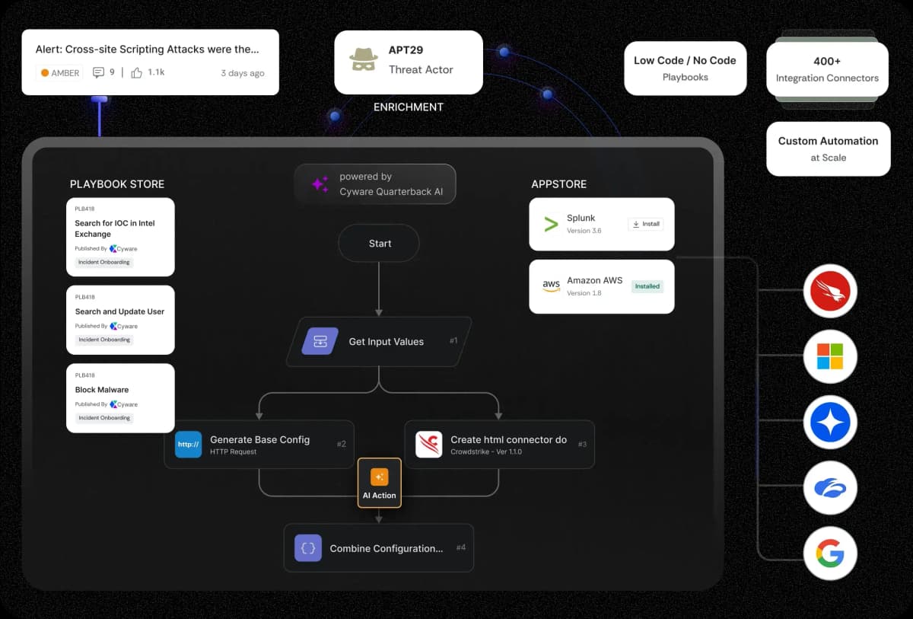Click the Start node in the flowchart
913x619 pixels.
click(x=379, y=244)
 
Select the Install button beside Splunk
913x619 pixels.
click(x=646, y=224)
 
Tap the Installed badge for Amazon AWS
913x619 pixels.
click(x=647, y=286)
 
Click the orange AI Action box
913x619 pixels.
click(x=379, y=483)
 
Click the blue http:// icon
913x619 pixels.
click(x=188, y=444)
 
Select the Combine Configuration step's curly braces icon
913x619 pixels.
click(x=308, y=547)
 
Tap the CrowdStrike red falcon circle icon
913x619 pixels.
click(x=830, y=291)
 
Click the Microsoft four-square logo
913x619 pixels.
click(x=830, y=356)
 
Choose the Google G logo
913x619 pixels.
click(x=830, y=553)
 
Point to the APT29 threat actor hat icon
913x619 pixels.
click(x=364, y=60)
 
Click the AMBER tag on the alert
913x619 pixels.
click(x=60, y=73)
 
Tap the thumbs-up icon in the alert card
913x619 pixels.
click(x=137, y=72)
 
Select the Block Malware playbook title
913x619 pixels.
click(x=102, y=390)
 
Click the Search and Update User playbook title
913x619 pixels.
click(x=119, y=311)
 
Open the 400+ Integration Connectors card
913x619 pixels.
click(x=827, y=69)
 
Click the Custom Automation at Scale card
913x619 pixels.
click(x=828, y=148)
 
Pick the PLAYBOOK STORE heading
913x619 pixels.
click(x=117, y=184)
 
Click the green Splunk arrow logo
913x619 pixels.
click(x=551, y=224)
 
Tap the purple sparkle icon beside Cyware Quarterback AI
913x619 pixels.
click(x=320, y=184)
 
